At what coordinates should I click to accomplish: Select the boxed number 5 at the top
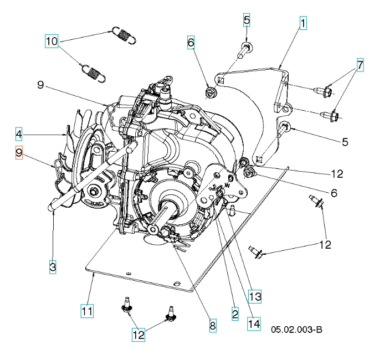coord(247,20)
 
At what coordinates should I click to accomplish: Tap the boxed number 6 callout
coord(191,42)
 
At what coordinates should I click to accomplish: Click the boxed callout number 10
coord(52,41)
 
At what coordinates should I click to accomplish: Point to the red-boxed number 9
coord(19,153)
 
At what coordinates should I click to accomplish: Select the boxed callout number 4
coord(19,133)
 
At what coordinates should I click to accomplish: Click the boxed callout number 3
coord(52,267)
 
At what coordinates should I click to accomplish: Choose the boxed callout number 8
coord(213,325)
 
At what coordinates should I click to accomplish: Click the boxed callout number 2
coord(235,313)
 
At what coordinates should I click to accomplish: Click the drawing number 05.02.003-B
coord(296,330)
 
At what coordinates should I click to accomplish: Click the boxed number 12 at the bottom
coord(138,334)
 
